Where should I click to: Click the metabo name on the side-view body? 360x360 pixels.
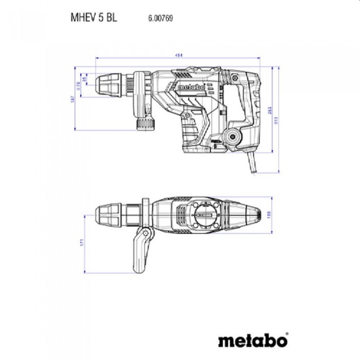(192, 87)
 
